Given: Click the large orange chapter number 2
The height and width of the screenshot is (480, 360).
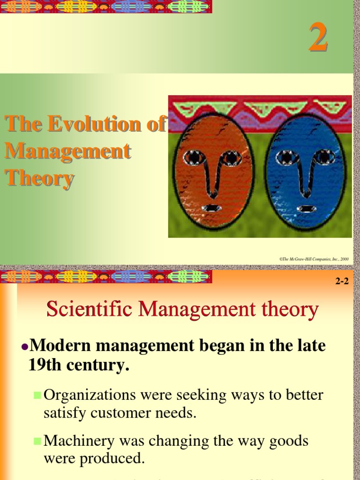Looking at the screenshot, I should tap(317, 39).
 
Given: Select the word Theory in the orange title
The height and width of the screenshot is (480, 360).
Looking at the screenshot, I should tap(39, 178).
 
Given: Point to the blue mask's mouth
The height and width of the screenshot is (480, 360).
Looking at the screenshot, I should tap(306, 209).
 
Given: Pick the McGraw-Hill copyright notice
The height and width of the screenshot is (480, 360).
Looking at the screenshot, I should tap(314, 258).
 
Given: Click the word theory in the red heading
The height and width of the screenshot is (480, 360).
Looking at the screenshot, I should tap(291, 310).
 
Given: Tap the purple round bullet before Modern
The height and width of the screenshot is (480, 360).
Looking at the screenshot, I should tap(25, 347).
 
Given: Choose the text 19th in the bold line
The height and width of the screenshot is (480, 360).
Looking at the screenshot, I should tap(44, 365).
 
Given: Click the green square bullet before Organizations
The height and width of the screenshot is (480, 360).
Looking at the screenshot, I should tap(37, 395).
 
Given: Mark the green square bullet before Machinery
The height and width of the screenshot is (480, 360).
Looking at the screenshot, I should tap(37, 441).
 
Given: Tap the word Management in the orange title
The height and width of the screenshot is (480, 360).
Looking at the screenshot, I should tap(67, 151).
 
